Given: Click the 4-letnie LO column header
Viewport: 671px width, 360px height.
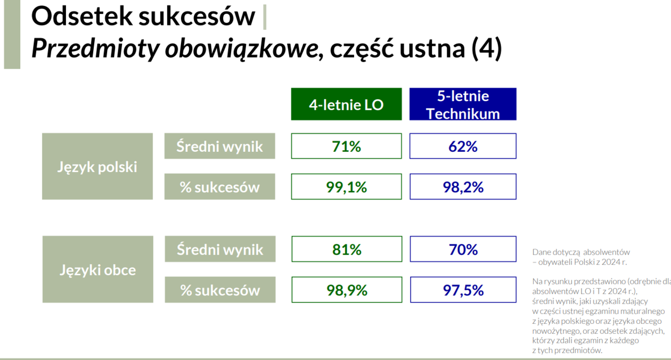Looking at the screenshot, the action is click(x=346, y=104).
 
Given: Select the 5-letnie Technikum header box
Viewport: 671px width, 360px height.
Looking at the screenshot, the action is click(x=463, y=104).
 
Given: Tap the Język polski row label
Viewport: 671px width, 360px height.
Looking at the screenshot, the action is click(x=97, y=166).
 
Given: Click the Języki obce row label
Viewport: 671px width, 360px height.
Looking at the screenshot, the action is click(x=97, y=269).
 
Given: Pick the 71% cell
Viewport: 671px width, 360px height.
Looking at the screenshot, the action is click(x=346, y=146).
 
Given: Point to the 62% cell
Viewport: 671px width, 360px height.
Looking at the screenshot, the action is click(x=463, y=146).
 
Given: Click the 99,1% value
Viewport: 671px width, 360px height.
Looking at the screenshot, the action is click(x=346, y=187).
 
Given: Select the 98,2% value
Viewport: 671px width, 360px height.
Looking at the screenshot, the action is click(x=463, y=187).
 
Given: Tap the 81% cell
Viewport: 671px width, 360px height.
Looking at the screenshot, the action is click(x=347, y=249).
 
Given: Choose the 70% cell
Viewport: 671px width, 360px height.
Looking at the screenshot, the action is click(x=463, y=249).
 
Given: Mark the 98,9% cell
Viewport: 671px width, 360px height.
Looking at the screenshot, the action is click(x=347, y=290).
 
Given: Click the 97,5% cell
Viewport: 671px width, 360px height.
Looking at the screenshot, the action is click(x=463, y=290).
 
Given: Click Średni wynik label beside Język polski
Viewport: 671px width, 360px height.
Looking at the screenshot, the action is click(x=219, y=146).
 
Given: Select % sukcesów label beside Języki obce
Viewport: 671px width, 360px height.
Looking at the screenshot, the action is click(x=220, y=290).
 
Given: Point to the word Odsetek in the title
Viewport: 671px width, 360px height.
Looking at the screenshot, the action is click(x=82, y=16).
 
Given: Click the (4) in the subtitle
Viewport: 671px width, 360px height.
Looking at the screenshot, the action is click(x=487, y=48).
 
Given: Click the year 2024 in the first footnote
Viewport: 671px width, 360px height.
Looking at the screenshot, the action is click(x=610, y=262).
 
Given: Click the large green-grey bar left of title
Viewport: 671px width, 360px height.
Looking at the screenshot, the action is click(x=12, y=35).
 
